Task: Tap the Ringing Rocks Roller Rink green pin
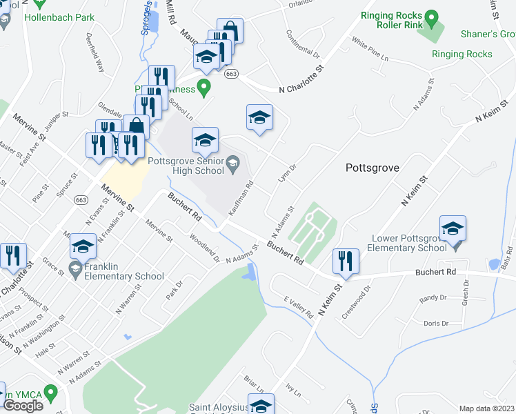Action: [x=432, y=16]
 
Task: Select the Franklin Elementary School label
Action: [x=124, y=271]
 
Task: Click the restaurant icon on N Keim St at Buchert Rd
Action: [x=345, y=261]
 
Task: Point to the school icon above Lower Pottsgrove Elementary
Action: [x=453, y=228]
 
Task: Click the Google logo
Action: [x=23, y=405]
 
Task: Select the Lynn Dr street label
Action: [x=287, y=172]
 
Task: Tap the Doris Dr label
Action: [x=436, y=323]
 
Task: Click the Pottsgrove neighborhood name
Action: [x=372, y=168]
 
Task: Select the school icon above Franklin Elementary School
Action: [x=83, y=246]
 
